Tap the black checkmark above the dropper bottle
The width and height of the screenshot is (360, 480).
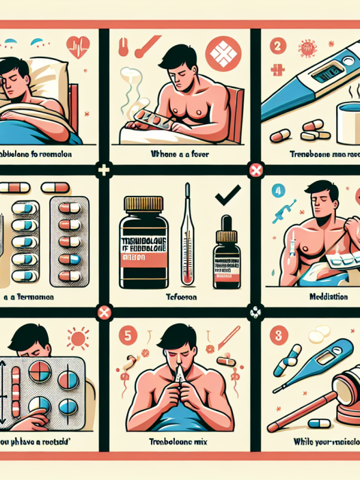[x=223, y=199]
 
